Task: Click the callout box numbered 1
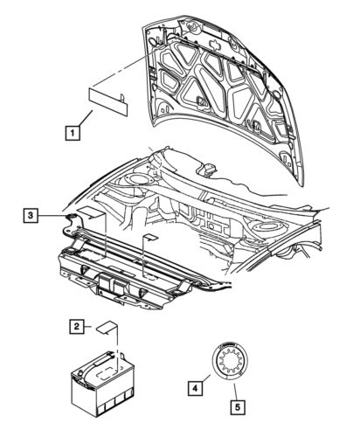[x=73, y=133]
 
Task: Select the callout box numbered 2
[x=77, y=326]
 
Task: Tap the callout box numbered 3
[x=31, y=216]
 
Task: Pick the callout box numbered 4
[x=195, y=388]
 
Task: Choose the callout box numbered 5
[x=238, y=407]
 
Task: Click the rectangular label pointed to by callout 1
[x=108, y=101]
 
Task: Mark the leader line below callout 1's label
[x=86, y=118]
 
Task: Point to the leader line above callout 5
[x=236, y=392]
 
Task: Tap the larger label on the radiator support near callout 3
[x=90, y=213]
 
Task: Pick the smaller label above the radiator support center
[x=150, y=237]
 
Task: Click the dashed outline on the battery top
[x=107, y=373]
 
